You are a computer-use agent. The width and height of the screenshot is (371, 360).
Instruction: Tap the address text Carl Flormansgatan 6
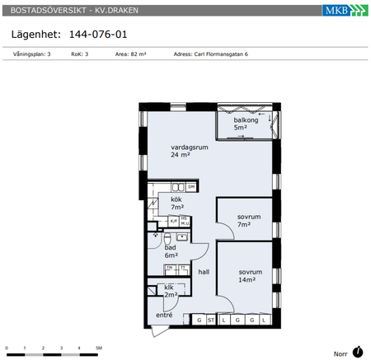(x=211, y=54)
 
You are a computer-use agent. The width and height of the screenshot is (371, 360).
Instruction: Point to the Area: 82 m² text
(x=133, y=54)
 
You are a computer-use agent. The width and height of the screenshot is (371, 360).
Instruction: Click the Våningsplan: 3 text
(x=32, y=54)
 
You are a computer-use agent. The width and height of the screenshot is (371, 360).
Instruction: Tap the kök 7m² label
(x=176, y=203)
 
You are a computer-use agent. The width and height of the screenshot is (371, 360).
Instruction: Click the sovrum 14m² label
(x=251, y=276)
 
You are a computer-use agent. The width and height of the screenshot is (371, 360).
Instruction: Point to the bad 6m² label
(x=171, y=251)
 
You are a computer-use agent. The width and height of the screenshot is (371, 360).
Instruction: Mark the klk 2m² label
(x=171, y=291)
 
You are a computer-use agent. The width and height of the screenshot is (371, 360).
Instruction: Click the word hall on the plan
(x=204, y=271)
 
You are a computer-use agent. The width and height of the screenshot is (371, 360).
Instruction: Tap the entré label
(x=164, y=316)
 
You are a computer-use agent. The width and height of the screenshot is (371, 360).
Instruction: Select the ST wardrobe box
(x=211, y=320)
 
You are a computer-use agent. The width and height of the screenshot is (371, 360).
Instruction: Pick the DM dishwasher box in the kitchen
(x=191, y=188)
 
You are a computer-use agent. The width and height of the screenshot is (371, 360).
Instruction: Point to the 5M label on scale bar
(x=98, y=348)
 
